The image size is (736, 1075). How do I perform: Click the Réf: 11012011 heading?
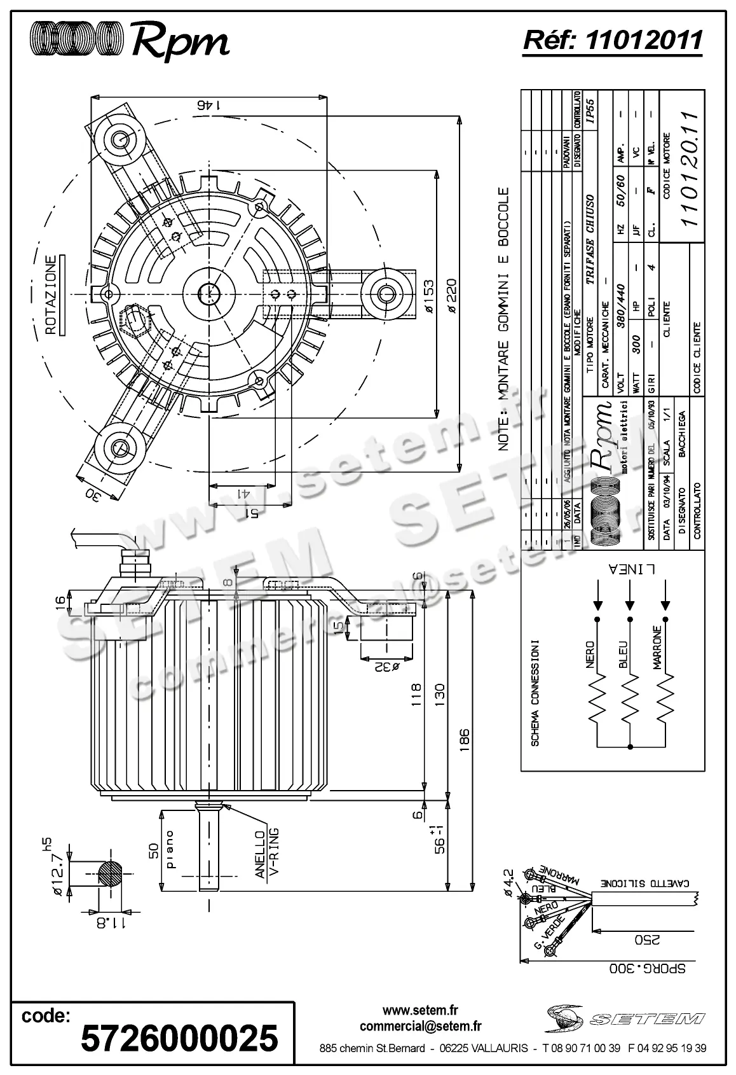click(x=612, y=40)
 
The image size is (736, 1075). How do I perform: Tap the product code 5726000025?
click(x=180, y=1038)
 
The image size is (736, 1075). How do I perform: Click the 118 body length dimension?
click(x=416, y=695)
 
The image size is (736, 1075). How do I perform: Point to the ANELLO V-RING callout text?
click(x=267, y=854)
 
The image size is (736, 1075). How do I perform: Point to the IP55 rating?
click(x=589, y=111)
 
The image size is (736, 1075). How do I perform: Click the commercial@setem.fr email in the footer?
click(x=420, y=1026)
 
